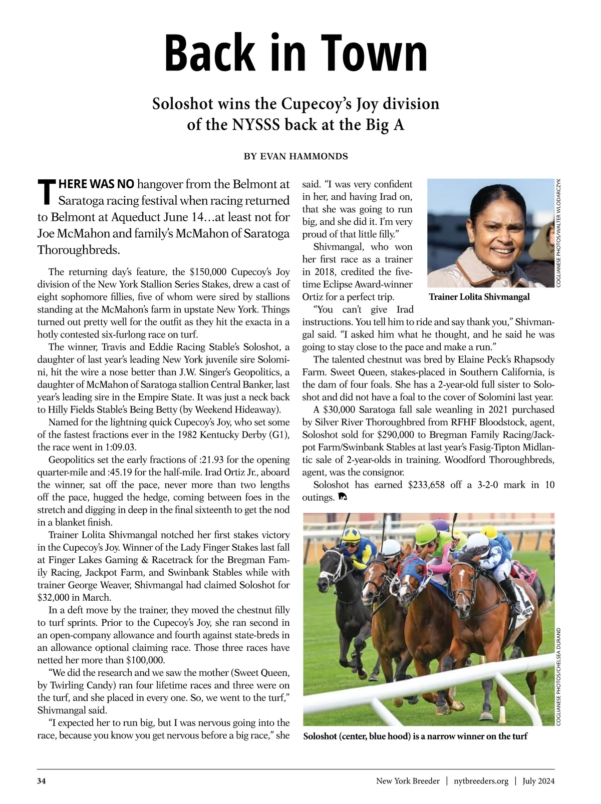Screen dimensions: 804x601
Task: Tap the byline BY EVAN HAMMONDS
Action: click(x=295, y=157)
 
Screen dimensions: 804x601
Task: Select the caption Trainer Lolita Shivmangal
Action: click(x=479, y=297)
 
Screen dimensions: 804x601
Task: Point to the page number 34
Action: click(x=42, y=781)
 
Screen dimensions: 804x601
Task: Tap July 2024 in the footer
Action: click(x=538, y=781)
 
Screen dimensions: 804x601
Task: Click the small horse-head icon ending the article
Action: click(x=343, y=498)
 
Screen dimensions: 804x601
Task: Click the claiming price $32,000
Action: click(x=55, y=597)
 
